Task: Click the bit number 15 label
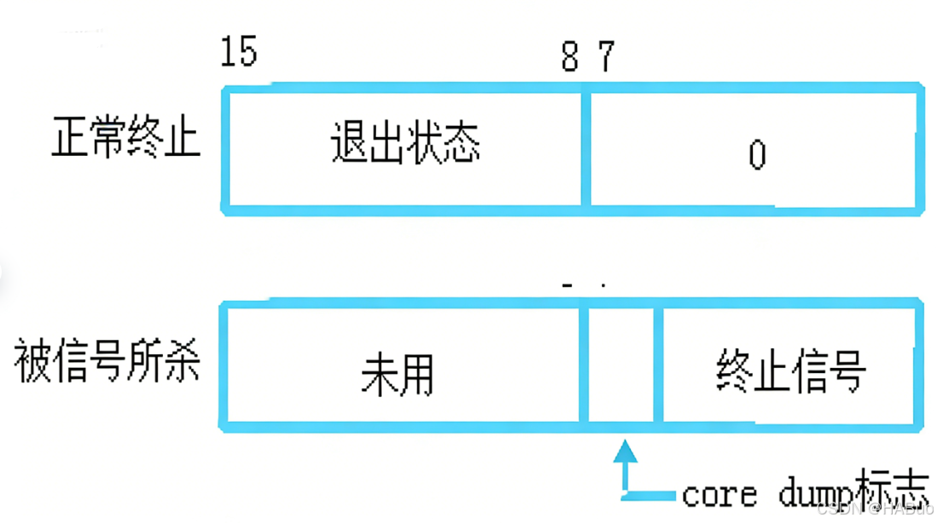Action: pos(238,52)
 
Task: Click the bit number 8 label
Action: pos(569,58)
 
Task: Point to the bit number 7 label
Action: pos(604,58)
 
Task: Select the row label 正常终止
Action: pos(125,136)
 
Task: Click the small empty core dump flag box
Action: pos(622,365)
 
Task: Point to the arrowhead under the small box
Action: pos(627,450)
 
